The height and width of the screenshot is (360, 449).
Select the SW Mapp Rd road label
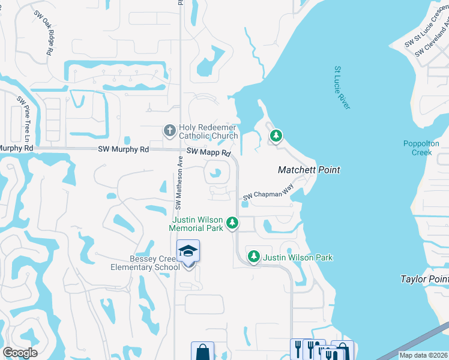pos(208,153)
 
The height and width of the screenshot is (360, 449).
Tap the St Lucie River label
pos(342,88)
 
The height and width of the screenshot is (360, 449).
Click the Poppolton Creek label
pos(421,148)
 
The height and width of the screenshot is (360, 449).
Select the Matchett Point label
pos(309,170)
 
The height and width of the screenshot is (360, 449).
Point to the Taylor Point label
pos(425,279)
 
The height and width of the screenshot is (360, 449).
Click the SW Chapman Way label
pos(268,196)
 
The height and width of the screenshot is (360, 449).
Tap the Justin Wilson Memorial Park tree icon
pos(232,224)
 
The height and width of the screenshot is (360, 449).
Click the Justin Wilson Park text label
pos(298,257)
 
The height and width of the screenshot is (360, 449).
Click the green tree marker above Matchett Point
pos(276,136)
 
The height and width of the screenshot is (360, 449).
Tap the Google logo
pos(19,353)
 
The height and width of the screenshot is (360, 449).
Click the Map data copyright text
pos(423,355)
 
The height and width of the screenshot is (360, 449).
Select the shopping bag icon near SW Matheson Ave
pos(202,352)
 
